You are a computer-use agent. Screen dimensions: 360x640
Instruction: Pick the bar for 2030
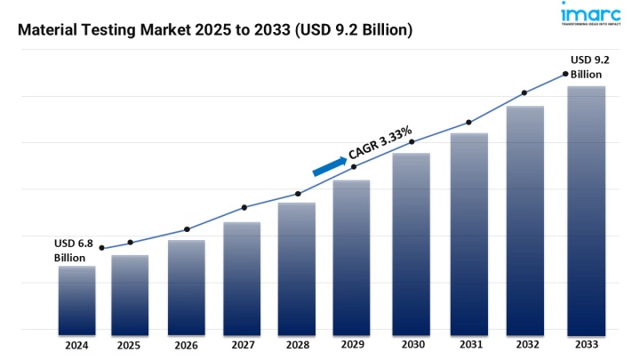tap(412, 241)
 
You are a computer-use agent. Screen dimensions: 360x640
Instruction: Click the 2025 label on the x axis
tap(129, 345)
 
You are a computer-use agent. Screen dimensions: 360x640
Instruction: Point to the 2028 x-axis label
tap(297, 345)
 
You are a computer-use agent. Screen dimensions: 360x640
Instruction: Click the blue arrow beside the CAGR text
tap(329, 165)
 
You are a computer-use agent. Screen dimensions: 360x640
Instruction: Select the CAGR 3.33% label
tap(380, 143)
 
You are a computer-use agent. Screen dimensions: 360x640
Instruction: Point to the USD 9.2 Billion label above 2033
tap(590, 67)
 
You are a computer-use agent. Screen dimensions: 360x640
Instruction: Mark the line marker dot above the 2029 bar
tap(354, 167)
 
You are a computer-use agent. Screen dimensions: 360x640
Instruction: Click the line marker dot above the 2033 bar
tap(565, 74)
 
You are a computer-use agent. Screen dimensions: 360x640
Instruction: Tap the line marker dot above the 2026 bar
tap(187, 229)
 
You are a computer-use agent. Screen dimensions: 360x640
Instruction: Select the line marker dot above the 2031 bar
tap(468, 123)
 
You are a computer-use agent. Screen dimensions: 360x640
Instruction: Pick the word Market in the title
tap(177, 30)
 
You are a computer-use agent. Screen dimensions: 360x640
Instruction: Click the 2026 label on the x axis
tap(186, 345)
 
